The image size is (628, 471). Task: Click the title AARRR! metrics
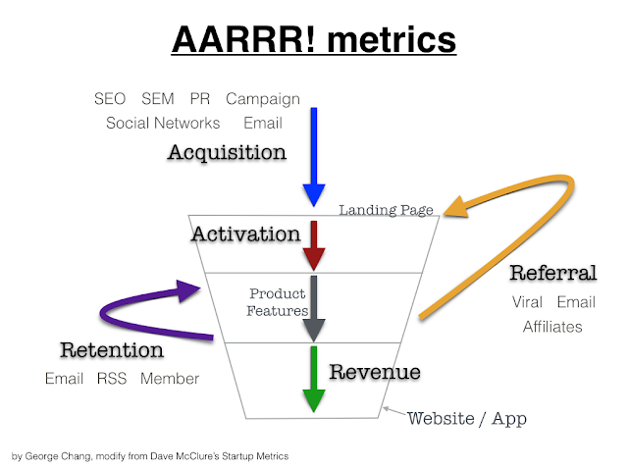pos(313,40)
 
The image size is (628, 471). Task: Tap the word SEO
pos(111,99)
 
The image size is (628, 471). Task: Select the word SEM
pos(158,99)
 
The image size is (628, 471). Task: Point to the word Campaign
pos(262,99)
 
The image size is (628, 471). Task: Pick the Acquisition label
pos(227,153)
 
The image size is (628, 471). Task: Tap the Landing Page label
pos(387,209)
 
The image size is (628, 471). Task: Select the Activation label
pos(245,234)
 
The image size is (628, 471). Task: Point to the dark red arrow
pos(313,245)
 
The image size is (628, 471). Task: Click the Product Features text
pos(277,301)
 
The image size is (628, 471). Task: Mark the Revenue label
pos(375,372)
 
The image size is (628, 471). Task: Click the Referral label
pos(553,273)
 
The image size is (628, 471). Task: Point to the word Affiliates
pos(553,327)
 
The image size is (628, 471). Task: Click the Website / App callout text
pos(466,419)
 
